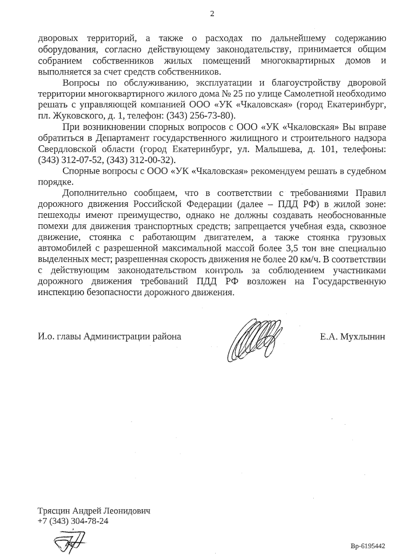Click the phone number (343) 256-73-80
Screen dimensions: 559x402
(x=200, y=115)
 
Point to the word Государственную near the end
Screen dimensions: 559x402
(x=348, y=282)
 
